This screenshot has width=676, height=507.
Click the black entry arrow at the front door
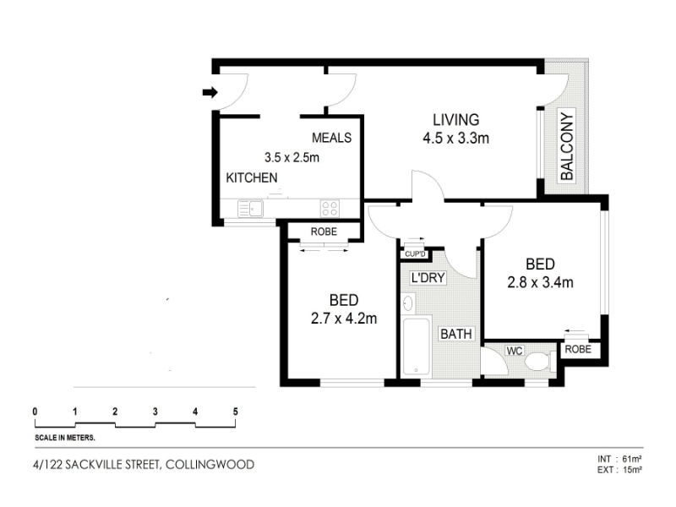(x=210, y=92)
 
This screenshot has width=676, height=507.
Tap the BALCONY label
(x=567, y=146)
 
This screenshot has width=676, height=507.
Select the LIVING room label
(x=455, y=119)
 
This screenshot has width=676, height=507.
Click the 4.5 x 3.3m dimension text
(x=455, y=139)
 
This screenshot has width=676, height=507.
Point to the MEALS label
(x=331, y=138)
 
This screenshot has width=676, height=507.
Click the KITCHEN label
(x=252, y=177)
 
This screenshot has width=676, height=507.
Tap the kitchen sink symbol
(x=250, y=209)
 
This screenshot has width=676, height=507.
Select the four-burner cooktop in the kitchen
(x=330, y=209)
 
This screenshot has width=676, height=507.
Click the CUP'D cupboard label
(x=415, y=254)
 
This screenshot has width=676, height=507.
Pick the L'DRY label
(x=428, y=278)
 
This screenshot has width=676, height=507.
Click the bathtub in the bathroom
(x=416, y=346)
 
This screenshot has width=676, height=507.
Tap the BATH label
(x=455, y=334)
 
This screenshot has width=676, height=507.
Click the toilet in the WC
(x=539, y=362)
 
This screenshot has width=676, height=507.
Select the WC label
(x=515, y=351)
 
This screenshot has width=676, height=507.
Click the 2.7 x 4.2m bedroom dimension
(x=344, y=319)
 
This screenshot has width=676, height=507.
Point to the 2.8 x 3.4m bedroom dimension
(x=540, y=282)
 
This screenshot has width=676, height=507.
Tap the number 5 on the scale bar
(x=236, y=412)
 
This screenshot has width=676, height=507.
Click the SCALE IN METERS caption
(x=65, y=438)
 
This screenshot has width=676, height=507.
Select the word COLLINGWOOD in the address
(x=210, y=465)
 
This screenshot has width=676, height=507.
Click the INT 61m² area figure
(x=620, y=459)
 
